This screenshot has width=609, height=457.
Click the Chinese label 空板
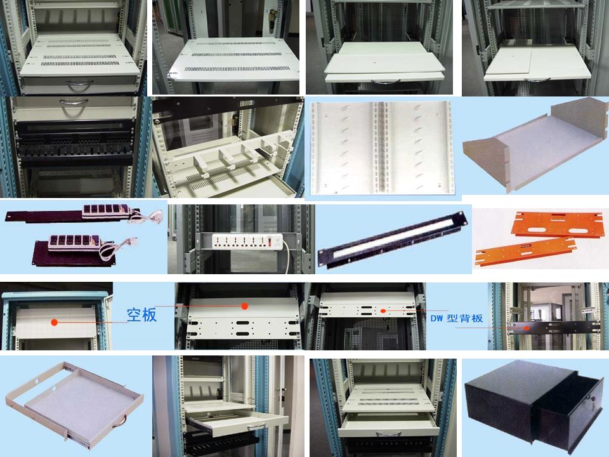tap(141, 314)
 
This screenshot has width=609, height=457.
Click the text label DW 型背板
tap(457, 318)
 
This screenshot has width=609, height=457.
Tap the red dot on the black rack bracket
tap(527, 328)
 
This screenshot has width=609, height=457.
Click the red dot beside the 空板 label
tap(55, 322)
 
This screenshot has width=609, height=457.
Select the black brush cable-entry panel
tap(393, 240)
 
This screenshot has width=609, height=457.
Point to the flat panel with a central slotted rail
tap(383, 148)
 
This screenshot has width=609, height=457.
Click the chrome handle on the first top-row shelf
tap(80, 84)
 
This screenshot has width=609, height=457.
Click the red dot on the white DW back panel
tap(383, 311)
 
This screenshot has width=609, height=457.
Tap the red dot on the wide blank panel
tap(244, 306)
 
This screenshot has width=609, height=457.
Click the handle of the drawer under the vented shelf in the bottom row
tap(388, 434)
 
